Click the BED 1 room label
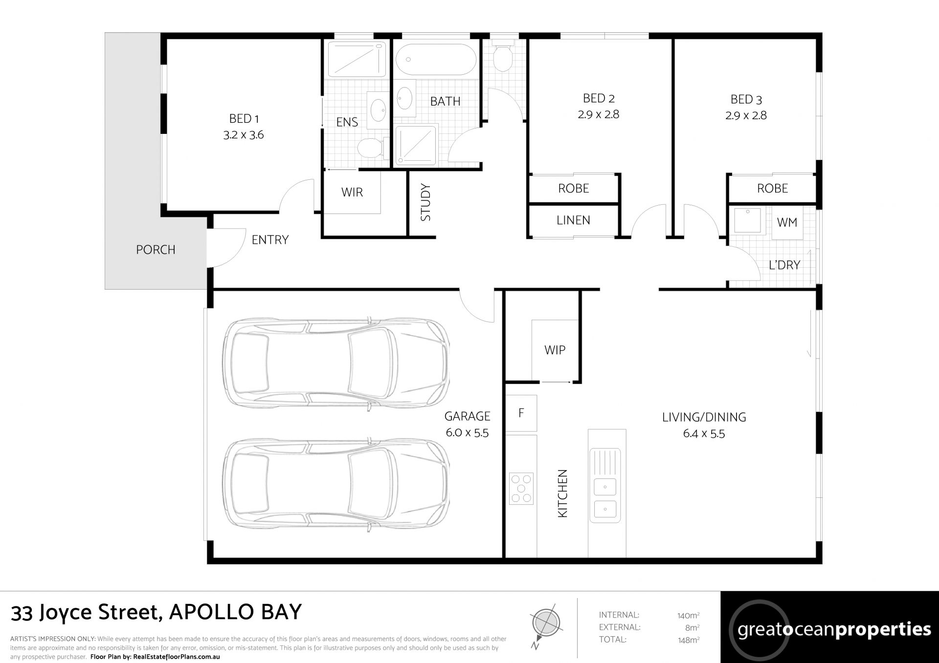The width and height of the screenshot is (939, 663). click(x=244, y=119)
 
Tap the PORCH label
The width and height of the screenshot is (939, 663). click(x=156, y=250)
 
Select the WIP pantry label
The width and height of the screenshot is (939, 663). click(x=555, y=350)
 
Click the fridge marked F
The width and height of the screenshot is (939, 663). click(x=521, y=413)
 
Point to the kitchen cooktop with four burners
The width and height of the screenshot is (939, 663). click(x=521, y=488)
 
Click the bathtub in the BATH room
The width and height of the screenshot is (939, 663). click(x=435, y=60)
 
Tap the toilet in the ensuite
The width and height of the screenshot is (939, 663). click(x=371, y=147)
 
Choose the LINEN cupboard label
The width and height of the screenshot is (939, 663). click(x=573, y=220)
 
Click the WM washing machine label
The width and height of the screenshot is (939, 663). click(x=787, y=222)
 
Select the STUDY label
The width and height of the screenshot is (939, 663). click(x=425, y=202)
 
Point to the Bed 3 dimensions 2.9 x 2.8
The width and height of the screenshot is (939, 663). click(x=746, y=115)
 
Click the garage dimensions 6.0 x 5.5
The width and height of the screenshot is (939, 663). click(x=467, y=432)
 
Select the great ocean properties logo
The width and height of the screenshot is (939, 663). click(x=829, y=627)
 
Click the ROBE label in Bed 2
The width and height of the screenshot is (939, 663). click(x=574, y=188)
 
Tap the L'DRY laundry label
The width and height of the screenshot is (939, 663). click(x=784, y=265)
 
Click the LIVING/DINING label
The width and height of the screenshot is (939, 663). click(x=704, y=417)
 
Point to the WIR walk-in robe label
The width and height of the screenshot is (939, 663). click(x=352, y=192)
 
